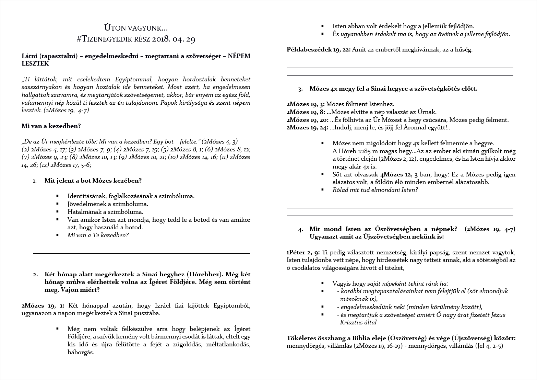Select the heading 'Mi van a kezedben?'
51,126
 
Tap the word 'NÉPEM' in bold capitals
239,56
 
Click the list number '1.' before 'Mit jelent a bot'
35,181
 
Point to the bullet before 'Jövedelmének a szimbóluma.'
58,204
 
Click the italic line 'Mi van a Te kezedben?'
98,235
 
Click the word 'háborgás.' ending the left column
81,352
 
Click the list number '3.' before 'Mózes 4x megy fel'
300,89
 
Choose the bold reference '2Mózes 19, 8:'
306,112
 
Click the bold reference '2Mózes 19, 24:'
307,128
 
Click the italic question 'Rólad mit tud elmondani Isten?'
375,190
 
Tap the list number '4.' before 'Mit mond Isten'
301,229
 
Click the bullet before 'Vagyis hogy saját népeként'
322,284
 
